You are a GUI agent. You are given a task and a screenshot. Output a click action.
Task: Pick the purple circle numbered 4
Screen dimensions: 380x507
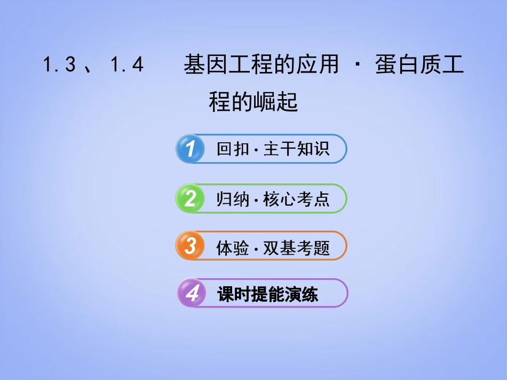(x=192, y=294)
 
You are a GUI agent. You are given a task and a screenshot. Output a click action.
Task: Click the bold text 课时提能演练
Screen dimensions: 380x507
(x=268, y=294)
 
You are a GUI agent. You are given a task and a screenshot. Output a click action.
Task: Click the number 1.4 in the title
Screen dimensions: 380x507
(x=126, y=66)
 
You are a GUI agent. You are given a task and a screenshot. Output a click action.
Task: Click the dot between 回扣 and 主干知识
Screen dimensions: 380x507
(x=256, y=149)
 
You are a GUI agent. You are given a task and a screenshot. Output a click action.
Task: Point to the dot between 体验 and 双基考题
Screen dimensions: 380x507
(x=256, y=248)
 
